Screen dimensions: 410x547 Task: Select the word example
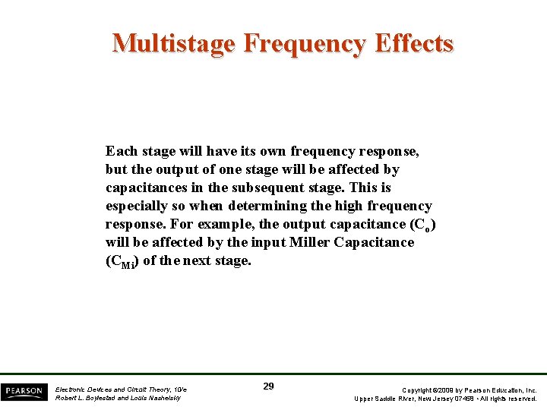pyautogui.click(x=227, y=224)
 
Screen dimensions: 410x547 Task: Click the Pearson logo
pyautogui.click(x=23, y=391)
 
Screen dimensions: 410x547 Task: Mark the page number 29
pyautogui.click(x=268, y=386)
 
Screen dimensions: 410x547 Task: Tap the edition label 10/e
pyautogui.click(x=178, y=389)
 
